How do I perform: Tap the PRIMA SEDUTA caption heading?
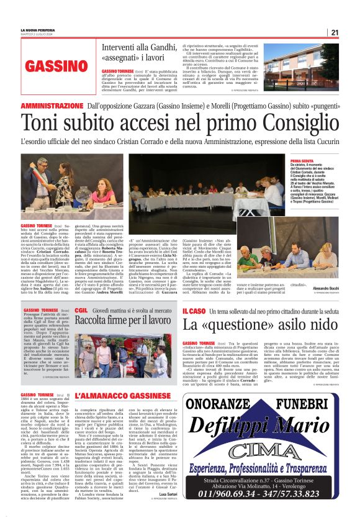point(302,160)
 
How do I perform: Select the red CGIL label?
point(81,309)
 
